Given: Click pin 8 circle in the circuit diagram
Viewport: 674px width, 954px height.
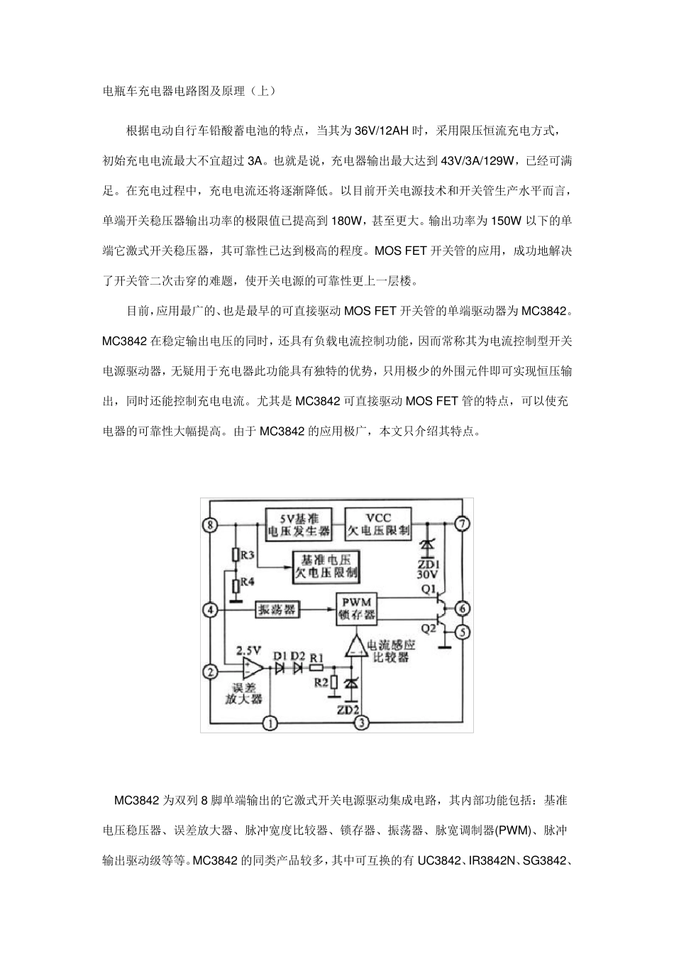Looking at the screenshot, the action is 209,525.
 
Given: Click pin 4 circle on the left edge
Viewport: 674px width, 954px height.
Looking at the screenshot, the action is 209,609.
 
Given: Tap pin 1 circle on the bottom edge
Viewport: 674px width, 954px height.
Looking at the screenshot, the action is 270,723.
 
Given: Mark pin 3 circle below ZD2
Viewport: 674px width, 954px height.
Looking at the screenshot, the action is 361,723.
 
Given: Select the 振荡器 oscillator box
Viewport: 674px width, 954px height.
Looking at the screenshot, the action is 277,609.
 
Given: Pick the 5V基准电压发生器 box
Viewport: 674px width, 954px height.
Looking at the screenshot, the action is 299,524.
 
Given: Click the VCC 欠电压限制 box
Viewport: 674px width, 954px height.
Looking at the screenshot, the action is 377,524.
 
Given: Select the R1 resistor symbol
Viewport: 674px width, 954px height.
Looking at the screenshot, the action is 316,667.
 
